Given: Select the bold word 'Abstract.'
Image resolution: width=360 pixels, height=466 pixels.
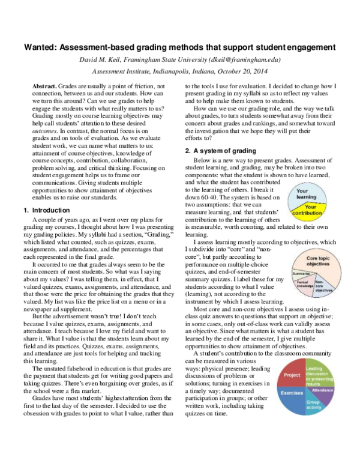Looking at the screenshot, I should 46,87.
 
